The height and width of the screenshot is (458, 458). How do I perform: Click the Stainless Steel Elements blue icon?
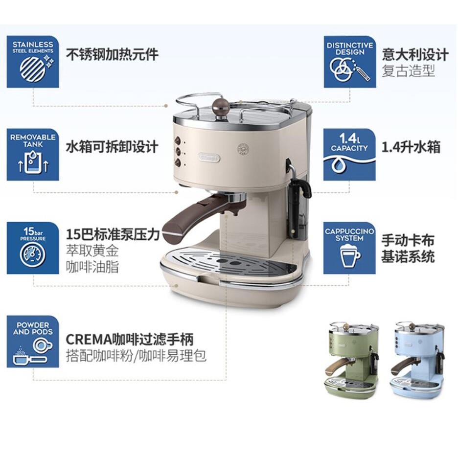coord(33,62)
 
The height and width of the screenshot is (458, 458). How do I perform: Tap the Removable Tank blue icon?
coord(33,155)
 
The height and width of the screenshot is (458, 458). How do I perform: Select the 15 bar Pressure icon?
coord(33,248)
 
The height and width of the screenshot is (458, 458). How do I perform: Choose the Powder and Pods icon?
coord(33,342)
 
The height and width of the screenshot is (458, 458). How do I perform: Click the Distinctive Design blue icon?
coord(350,62)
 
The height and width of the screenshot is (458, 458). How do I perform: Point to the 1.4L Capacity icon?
coord(349,155)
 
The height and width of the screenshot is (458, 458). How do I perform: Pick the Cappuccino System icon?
coord(349,248)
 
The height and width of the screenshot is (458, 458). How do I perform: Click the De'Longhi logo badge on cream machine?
coord(209,158)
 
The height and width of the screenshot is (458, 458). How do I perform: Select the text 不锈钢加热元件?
coord(112,54)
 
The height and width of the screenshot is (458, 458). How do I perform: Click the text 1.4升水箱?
coord(411,147)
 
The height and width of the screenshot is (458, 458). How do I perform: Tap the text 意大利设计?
coord(415,54)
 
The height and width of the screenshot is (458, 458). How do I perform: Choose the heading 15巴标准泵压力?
coord(113,234)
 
